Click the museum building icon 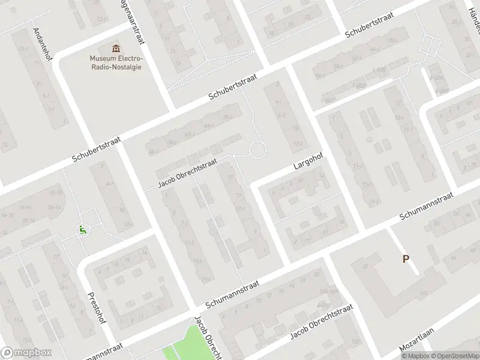click(x=116, y=48)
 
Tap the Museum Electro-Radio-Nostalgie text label click(x=116, y=62)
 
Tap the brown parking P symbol click(x=406, y=259)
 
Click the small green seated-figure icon click(x=82, y=229)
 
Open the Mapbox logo click(x=26, y=353)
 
